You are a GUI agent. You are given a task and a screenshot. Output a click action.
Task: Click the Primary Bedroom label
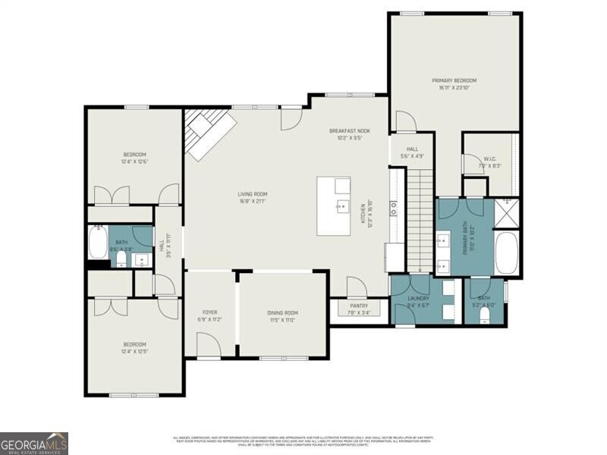(x=454, y=80)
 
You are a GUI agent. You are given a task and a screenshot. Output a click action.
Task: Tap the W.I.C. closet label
(x=490, y=158)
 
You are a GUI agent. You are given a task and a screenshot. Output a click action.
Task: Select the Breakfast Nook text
(x=349, y=130)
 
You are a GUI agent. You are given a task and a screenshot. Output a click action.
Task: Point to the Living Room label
(x=253, y=194)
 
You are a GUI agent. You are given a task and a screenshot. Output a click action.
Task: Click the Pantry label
(x=359, y=306)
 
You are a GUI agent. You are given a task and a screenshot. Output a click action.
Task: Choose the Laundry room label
(x=418, y=299)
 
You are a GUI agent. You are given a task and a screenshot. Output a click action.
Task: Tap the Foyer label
(x=209, y=312)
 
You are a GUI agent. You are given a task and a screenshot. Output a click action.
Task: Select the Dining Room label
(x=282, y=312)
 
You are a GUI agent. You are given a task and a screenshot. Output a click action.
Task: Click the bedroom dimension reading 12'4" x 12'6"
(x=134, y=162)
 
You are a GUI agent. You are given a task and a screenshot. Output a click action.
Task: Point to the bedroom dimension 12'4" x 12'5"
(x=134, y=351)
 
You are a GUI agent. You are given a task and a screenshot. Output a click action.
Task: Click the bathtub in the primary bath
(x=506, y=253)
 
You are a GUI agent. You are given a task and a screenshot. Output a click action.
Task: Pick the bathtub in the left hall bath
(x=98, y=243)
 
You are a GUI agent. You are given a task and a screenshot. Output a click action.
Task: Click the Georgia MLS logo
(x=34, y=443)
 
